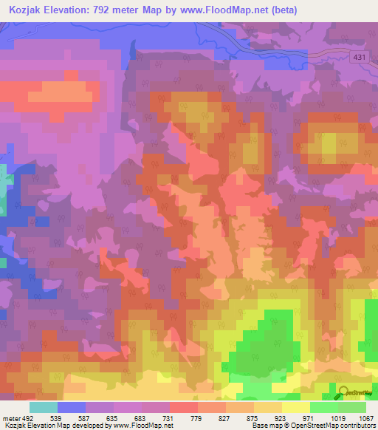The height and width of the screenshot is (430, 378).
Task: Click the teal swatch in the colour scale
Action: [x=43, y=408]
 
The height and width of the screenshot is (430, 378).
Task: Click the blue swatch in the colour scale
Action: [x=71, y=408]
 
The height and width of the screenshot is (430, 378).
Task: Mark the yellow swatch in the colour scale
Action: [x=295, y=408]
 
